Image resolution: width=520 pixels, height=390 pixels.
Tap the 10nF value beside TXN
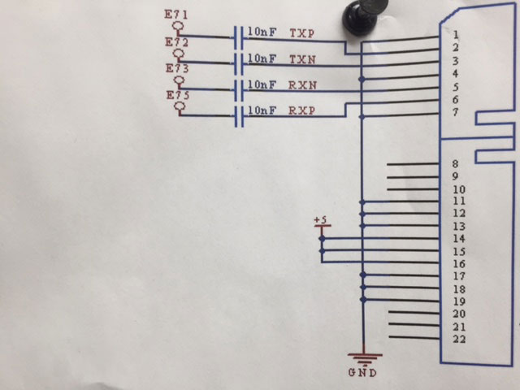click(262, 59)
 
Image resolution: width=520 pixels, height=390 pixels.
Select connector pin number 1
click(457, 35)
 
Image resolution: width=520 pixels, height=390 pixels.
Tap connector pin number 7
click(457, 112)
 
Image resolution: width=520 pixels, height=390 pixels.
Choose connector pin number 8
click(457, 164)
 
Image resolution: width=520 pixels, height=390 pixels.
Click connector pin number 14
click(459, 239)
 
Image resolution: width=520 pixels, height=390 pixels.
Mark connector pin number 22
click(459, 339)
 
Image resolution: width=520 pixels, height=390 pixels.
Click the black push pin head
click(357, 15)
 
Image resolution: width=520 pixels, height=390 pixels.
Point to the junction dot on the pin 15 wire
click(323, 251)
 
